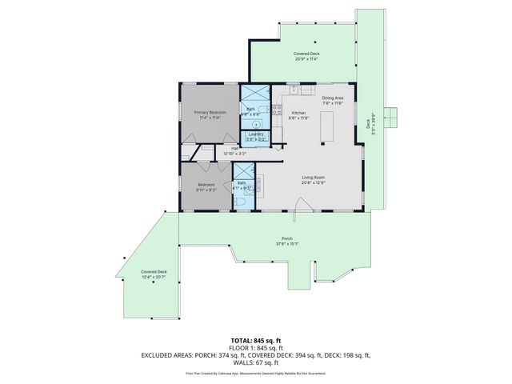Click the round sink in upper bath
pyautogui.click(x=255, y=125)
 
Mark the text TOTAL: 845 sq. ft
pyautogui.click(x=256, y=340)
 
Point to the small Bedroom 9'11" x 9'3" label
pyautogui.click(x=207, y=186)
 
